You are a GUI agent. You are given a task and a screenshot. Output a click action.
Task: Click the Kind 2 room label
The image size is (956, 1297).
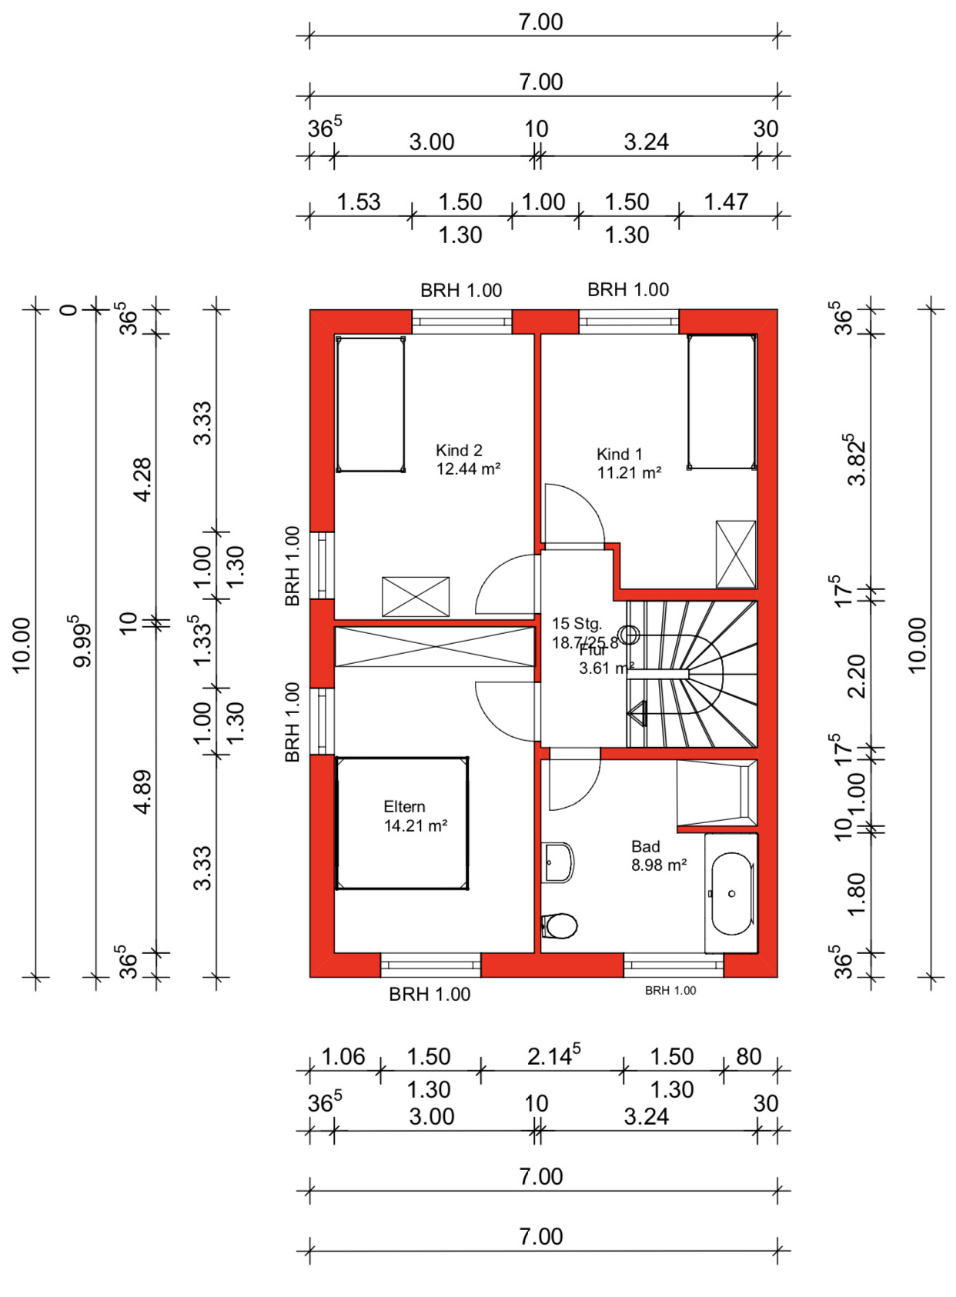(x=459, y=451)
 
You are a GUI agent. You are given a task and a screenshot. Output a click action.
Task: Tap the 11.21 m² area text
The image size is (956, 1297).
(x=629, y=473)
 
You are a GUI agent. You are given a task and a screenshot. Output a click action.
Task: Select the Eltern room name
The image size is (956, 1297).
(x=404, y=807)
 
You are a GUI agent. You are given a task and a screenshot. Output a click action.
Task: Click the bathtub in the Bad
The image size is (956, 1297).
(x=731, y=894)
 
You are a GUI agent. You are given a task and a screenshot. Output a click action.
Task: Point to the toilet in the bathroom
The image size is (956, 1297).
(x=560, y=926)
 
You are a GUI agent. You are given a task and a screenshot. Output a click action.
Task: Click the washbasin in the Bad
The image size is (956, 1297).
(x=558, y=862)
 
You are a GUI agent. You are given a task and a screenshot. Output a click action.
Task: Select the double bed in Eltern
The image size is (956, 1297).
(x=402, y=823)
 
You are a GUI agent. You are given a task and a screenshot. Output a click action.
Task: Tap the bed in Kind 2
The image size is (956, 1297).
(x=370, y=404)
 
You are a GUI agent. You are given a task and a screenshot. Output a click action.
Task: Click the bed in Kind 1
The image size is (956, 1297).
(x=721, y=402)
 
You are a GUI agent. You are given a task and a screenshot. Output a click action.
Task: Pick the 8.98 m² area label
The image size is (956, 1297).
(x=659, y=865)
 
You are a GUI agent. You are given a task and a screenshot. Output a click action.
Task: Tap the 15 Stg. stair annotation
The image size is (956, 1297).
(x=577, y=624)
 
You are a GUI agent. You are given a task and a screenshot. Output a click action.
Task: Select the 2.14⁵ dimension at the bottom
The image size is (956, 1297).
(x=553, y=1056)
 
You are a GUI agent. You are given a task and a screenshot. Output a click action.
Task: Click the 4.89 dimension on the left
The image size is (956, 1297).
(x=143, y=792)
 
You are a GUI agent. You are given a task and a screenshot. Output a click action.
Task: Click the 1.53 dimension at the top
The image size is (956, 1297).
(x=359, y=202)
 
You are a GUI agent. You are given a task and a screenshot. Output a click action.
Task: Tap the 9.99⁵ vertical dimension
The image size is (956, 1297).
(x=82, y=641)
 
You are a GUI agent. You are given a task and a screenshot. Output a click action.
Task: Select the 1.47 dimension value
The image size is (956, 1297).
(x=726, y=202)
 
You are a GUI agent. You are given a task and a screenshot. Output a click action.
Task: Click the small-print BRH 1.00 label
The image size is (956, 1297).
(x=670, y=991)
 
